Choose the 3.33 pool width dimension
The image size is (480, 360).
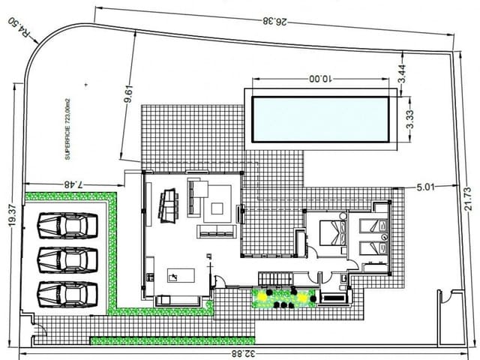pyautogui.click(x=409, y=120)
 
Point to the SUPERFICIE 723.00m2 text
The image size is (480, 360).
pyautogui.click(x=69, y=132)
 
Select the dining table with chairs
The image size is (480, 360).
pyautogui.click(x=168, y=203)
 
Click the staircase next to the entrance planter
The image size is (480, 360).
pyautogui.click(x=275, y=279)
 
